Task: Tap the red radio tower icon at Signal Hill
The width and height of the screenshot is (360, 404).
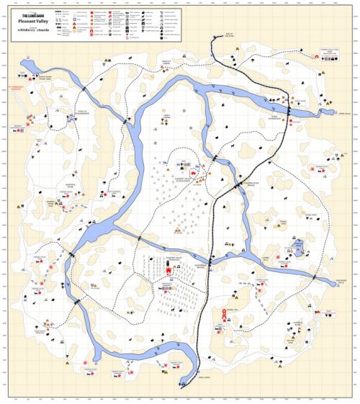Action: [x=225, y=315]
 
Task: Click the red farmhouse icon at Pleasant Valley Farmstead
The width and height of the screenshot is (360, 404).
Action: [x=171, y=271]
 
